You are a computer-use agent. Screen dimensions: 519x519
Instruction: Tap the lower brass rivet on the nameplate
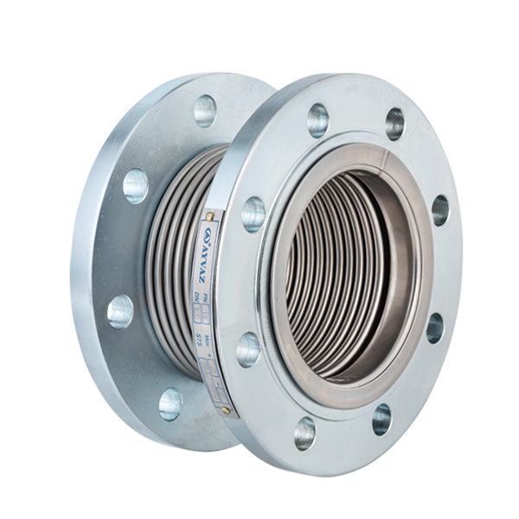226,410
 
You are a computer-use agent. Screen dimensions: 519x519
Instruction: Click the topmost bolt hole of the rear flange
205,110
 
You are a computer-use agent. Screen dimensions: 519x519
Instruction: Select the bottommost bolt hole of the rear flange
170,403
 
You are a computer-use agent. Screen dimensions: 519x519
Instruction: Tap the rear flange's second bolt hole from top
136,185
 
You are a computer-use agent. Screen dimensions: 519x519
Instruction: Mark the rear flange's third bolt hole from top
121,311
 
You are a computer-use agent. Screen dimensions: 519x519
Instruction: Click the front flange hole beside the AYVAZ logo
253,213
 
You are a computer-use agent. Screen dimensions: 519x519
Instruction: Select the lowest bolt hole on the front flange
304,432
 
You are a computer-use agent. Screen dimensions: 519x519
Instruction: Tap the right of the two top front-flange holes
395,124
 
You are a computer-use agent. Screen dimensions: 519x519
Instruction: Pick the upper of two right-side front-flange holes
440,210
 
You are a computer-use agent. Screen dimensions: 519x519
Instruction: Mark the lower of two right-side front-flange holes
434,327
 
